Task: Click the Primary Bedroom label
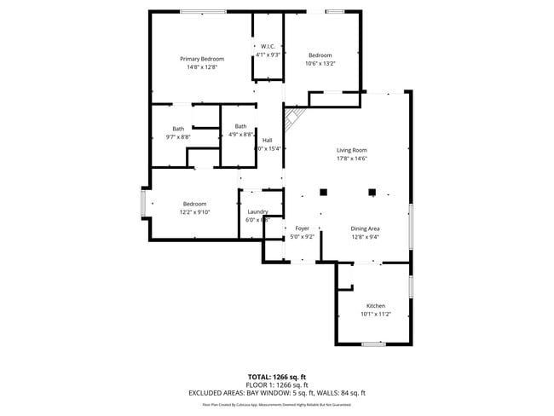tap(201, 58)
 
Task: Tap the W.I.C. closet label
tap(267, 45)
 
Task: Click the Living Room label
tap(351, 150)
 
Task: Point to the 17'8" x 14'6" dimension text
tap(351, 159)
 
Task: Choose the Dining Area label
tap(364, 228)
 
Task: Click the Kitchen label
tap(375, 305)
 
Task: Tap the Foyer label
tap(302, 228)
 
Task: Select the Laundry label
tap(258, 211)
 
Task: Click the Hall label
tap(268, 140)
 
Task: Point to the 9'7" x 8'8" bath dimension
tap(177, 136)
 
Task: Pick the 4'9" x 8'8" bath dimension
tap(240, 135)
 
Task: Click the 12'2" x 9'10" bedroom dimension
tap(194, 212)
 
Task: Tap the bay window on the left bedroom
tap(143, 204)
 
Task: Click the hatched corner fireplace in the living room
tap(293, 117)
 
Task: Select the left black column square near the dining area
tap(323, 192)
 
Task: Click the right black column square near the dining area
tap(372, 192)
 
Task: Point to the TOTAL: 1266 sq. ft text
tap(277, 377)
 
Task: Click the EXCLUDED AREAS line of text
tap(277, 393)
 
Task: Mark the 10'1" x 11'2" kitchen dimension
tap(375, 314)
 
